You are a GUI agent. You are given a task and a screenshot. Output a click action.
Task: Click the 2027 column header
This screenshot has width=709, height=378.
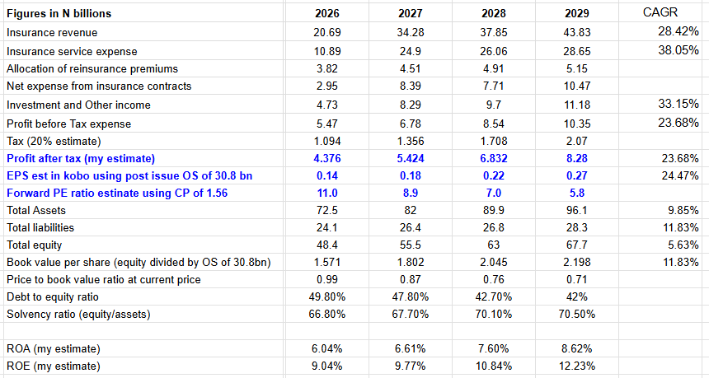pos(410,14)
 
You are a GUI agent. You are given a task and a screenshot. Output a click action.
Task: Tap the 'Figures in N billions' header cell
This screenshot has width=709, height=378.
pos(59,14)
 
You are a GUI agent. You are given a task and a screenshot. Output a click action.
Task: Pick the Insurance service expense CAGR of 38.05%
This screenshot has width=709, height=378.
pos(678,50)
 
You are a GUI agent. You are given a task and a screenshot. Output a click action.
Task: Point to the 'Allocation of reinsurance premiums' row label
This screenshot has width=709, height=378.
pos(92,68)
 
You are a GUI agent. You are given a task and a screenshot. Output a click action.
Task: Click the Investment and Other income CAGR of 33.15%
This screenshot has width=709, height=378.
pos(678,105)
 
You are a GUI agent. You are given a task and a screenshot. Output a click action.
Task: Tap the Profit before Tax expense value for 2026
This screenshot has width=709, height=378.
pos(327,124)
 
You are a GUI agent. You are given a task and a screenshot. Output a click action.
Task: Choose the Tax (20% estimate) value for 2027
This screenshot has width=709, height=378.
pos(410,141)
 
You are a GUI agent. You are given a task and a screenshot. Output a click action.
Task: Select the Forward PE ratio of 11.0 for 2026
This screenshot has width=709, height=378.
pos(327,194)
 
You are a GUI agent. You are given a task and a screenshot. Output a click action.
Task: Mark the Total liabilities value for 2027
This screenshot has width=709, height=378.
pos(410,228)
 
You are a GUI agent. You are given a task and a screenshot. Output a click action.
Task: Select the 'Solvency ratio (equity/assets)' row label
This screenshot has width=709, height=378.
pos(81,314)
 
